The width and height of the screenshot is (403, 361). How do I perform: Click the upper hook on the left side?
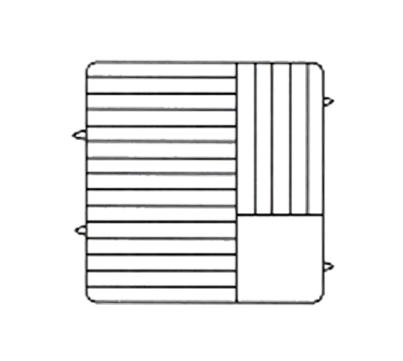click(x=78, y=134)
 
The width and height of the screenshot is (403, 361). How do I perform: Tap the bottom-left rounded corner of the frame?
click(x=89, y=298)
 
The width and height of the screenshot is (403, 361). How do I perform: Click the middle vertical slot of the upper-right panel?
click(x=281, y=139)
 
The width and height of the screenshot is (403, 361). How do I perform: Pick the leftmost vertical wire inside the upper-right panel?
click(x=255, y=139)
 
